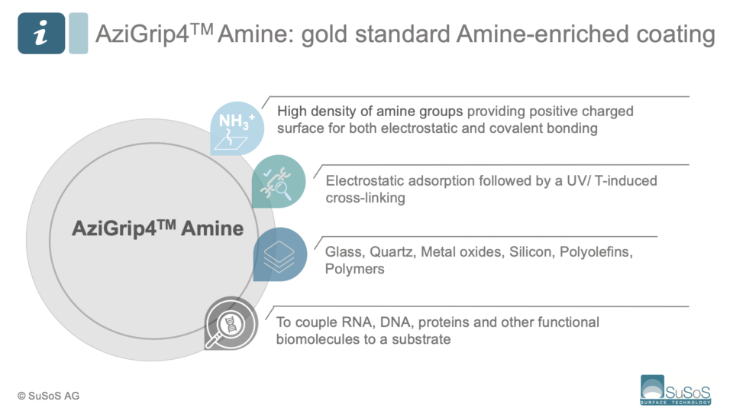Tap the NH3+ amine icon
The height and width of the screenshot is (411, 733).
[237, 128]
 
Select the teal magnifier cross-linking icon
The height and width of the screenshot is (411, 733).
[279, 182]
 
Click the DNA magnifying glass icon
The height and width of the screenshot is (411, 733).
[231, 324]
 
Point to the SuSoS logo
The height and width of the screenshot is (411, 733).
[676, 390]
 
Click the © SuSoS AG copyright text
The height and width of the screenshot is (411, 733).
[48, 395]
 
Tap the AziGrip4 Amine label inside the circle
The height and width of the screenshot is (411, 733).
[157, 228]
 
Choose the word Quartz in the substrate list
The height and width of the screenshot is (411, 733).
[389, 252]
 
